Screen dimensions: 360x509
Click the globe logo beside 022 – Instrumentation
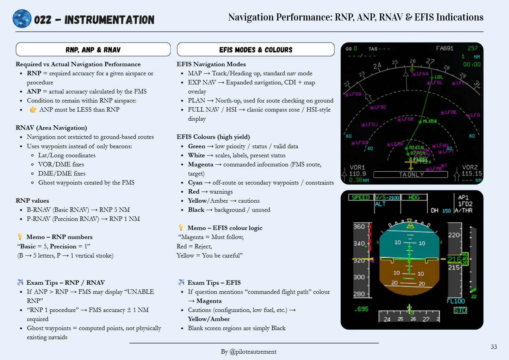(22, 19)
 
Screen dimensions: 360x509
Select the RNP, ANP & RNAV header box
(93, 50)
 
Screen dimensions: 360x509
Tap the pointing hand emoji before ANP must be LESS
(33, 109)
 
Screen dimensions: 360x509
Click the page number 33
(494, 347)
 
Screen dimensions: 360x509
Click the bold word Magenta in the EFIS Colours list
(200, 164)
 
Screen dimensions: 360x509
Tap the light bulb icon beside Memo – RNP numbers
(20, 237)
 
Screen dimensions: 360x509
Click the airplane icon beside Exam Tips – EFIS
(181, 282)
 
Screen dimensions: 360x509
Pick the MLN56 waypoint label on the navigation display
(429, 121)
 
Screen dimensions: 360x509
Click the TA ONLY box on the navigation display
(411, 175)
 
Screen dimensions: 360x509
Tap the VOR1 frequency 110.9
(357, 173)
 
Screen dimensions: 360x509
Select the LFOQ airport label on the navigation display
(355, 94)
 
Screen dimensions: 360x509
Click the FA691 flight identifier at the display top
(445, 49)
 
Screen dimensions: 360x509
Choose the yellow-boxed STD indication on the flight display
(460, 310)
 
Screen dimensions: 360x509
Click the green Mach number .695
(361, 309)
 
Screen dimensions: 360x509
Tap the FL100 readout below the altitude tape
(456, 301)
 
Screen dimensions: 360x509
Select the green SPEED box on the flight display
(361, 197)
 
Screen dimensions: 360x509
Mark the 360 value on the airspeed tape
(359, 227)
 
